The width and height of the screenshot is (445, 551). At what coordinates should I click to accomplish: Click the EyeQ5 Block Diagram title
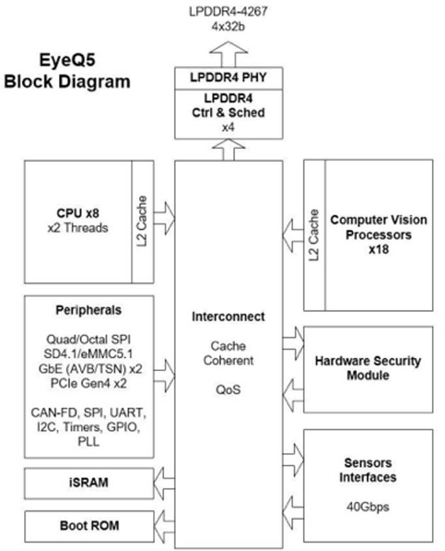pos(67,71)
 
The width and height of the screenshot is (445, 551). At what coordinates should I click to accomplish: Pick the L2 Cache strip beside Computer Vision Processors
pos(315,234)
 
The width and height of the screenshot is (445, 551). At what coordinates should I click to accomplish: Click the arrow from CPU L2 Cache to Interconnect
pos(164,217)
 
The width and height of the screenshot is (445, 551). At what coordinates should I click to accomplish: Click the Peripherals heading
pos(89,311)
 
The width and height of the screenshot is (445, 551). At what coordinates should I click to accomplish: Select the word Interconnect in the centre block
pos(228,316)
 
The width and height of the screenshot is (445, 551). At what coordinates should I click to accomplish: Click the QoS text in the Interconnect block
pos(228,389)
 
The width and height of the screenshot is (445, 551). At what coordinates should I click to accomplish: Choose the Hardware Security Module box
pos(368,367)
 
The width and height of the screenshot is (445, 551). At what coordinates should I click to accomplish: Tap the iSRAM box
pos(89,483)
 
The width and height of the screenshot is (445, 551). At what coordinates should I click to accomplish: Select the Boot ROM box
pos(89,526)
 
